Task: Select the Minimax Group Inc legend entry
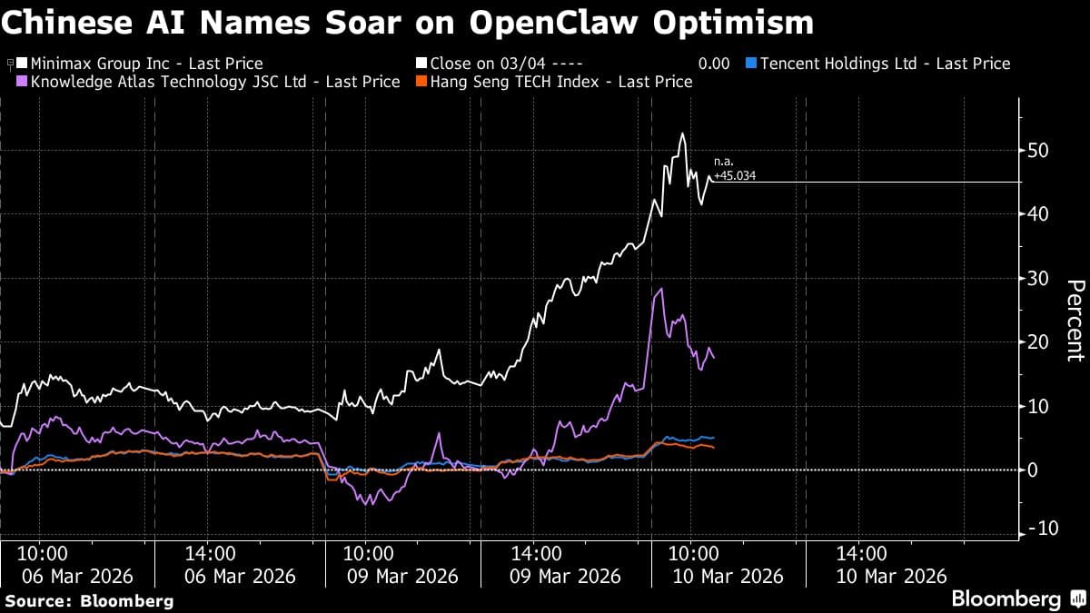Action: [146, 64]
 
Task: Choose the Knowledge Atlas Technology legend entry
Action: [214, 82]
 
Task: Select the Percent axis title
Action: [1075, 321]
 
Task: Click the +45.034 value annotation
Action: [735, 176]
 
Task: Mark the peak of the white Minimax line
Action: [682, 134]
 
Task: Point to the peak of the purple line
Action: [660, 290]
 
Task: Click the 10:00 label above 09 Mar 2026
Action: [367, 553]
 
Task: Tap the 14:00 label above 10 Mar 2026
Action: [861, 553]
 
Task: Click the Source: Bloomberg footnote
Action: [89, 600]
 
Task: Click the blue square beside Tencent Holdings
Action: [749, 64]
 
